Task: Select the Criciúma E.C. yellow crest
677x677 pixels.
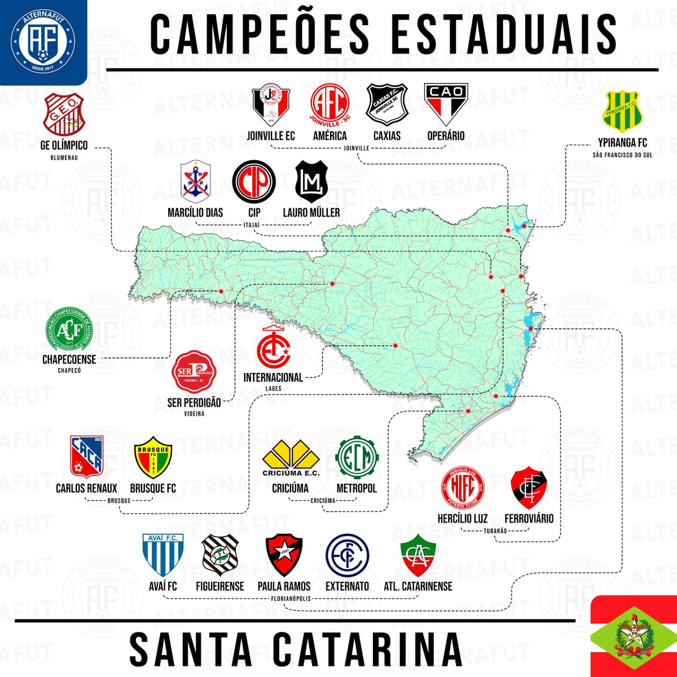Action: click(291, 459)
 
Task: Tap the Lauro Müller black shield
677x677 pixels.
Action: click(312, 181)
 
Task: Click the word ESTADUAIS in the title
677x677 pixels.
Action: click(502, 34)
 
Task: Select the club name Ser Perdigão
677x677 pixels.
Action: click(194, 403)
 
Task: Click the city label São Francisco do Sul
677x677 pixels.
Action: click(622, 155)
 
